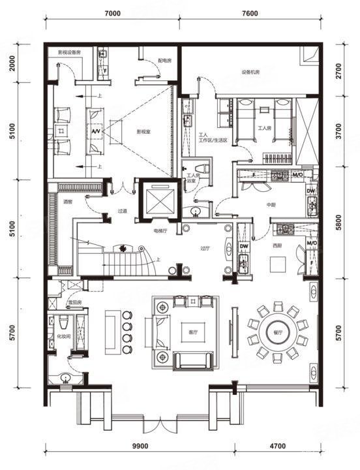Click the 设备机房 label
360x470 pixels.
coord(251,72)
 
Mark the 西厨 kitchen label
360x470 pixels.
coord(277,246)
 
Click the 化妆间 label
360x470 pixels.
coord(63,337)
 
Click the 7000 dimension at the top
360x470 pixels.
coord(112,13)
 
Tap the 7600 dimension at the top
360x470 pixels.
coord(249,13)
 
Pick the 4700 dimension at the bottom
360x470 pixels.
coord(278,446)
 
